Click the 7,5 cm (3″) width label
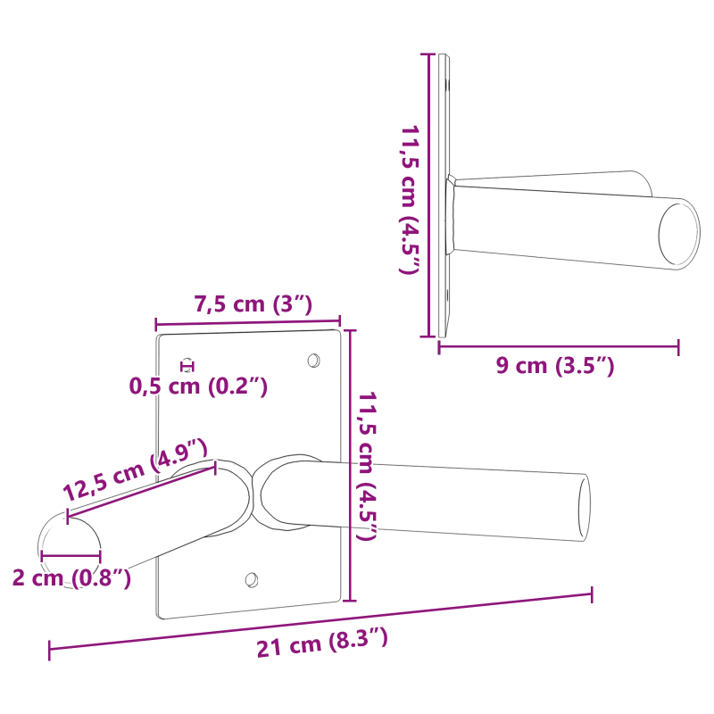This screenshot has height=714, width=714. pos(253,304)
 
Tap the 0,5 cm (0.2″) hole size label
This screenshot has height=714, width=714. pos(198,386)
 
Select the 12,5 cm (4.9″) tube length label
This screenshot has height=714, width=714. pos(135,469)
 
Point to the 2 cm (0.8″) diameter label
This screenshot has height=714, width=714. pos(72,577)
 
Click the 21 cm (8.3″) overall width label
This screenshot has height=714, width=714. pos(322,643)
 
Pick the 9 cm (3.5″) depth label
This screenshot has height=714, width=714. pos(556,365)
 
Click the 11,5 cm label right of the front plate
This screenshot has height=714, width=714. pos(367,465)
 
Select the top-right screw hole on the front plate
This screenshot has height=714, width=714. pos(313,360)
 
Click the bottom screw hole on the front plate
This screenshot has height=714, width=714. pos(252,580)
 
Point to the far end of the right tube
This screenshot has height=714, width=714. pos(585,506)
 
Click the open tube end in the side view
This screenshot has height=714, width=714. pos(679,234)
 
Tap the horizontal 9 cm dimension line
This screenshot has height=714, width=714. pos(558,346)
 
